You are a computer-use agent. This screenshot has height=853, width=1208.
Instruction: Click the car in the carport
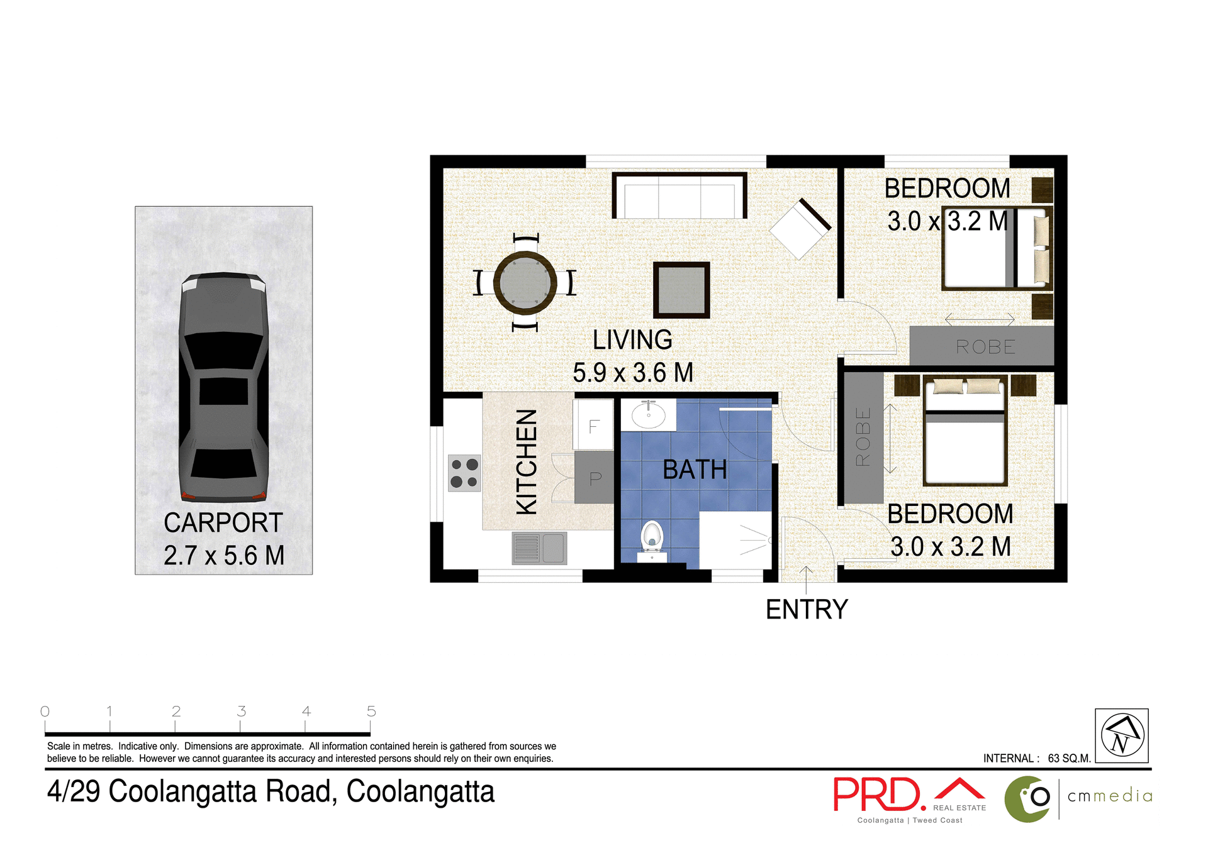point(223,387)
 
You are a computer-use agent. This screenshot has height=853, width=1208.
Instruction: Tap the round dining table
point(525,282)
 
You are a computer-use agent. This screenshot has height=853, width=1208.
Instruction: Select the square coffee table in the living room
point(681,290)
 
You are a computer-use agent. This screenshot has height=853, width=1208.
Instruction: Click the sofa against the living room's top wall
point(679,196)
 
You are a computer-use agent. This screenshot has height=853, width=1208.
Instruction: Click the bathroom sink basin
point(649,415)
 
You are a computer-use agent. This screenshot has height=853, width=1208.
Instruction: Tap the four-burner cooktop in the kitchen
point(464,473)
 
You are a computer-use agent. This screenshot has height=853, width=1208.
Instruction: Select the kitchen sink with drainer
point(539,548)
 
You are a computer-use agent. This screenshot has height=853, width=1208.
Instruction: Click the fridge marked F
point(593,426)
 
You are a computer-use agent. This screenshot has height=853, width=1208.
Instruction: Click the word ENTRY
point(807,609)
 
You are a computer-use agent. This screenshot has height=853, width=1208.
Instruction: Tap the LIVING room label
point(632,340)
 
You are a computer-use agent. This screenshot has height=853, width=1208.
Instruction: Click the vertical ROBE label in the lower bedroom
point(863,437)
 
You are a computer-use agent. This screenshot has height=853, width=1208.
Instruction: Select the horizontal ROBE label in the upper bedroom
point(985,347)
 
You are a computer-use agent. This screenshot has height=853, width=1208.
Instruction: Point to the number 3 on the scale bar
point(241,711)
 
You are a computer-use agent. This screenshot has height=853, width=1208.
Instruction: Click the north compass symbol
point(1122,735)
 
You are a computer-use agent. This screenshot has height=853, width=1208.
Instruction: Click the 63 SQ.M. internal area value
point(1069,758)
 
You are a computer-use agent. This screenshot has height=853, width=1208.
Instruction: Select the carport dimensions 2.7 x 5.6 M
point(224,555)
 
